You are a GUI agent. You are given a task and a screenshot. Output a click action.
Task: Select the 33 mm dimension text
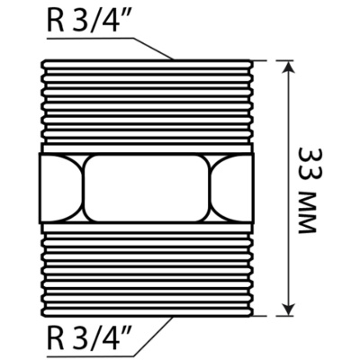click(x=306, y=190)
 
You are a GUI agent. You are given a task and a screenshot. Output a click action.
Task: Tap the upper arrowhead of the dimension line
click(x=288, y=67)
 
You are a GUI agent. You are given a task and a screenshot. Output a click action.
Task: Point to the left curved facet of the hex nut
click(x=61, y=189)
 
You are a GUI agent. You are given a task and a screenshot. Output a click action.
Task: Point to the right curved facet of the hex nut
click(x=231, y=189)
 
